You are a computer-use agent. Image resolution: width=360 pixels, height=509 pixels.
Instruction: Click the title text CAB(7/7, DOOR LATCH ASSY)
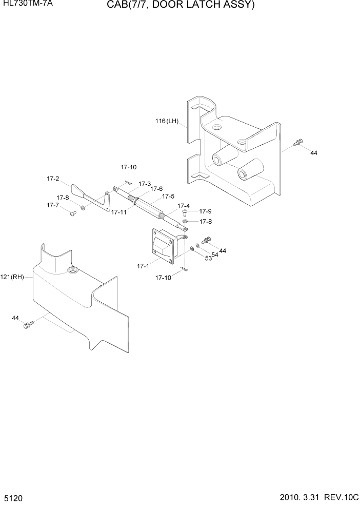[181, 6]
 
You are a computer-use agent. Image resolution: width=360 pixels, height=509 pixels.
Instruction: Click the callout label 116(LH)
[166, 122]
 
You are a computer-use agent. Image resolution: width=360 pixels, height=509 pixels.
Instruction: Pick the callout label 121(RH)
[15, 277]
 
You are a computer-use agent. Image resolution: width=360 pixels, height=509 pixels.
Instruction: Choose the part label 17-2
[53, 179]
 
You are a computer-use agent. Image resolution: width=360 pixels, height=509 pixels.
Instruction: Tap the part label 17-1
[143, 266]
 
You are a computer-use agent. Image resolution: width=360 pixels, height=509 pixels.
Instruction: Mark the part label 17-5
[169, 196]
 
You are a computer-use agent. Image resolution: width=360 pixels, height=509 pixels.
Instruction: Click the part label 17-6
[156, 189]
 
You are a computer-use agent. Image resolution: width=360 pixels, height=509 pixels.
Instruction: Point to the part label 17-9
[205, 211]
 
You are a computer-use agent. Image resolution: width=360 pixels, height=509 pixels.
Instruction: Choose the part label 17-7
[53, 205]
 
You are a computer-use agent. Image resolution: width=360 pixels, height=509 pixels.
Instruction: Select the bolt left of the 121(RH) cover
[28, 325]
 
